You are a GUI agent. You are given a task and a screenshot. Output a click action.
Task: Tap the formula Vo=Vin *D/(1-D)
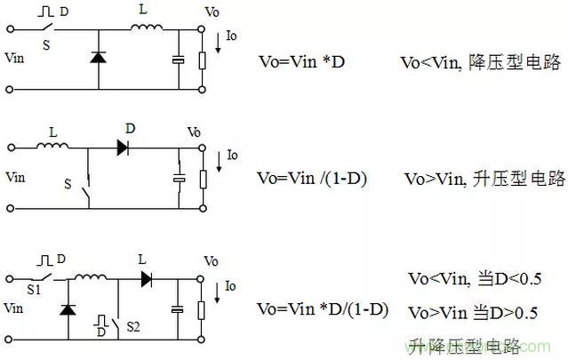coord(322,309)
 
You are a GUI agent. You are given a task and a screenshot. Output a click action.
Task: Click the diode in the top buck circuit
coord(98,58)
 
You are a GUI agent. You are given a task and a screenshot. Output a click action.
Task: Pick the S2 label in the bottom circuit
coord(133,327)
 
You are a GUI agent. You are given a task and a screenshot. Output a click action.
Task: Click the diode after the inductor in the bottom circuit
coord(147,278)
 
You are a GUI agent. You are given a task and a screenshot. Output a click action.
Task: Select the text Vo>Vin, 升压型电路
coord(485,178)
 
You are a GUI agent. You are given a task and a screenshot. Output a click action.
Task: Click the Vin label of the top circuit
coord(17,59)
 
